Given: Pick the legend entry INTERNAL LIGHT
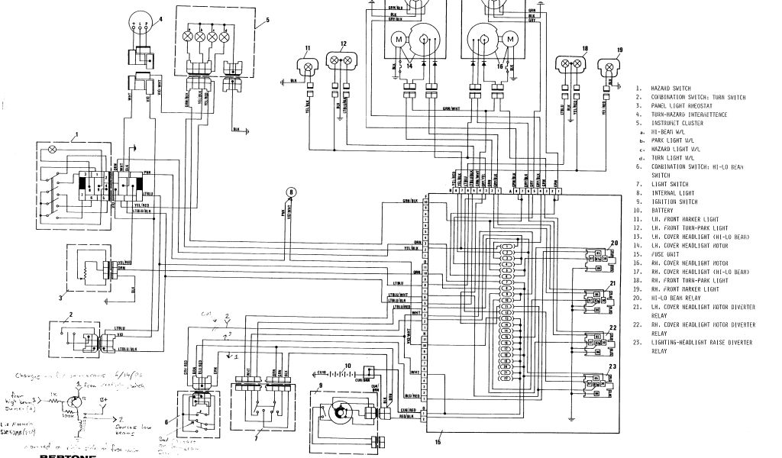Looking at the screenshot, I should tap(674, 194).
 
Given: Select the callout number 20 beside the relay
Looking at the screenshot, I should tap(613, 243).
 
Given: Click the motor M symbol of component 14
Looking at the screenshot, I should tap(399, 39).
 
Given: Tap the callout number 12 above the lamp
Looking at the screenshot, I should tap(344, 44).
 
